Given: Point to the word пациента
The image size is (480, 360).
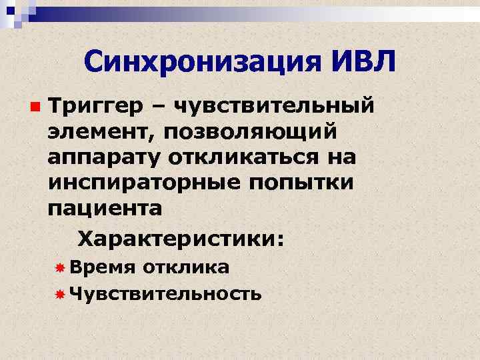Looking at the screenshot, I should coord(105,208).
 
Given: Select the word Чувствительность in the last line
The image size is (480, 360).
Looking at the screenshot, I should coord(165,293).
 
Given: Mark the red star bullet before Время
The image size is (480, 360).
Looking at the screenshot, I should coord(59,268).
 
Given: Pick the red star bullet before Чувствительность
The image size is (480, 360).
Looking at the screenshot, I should coord(59,294).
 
